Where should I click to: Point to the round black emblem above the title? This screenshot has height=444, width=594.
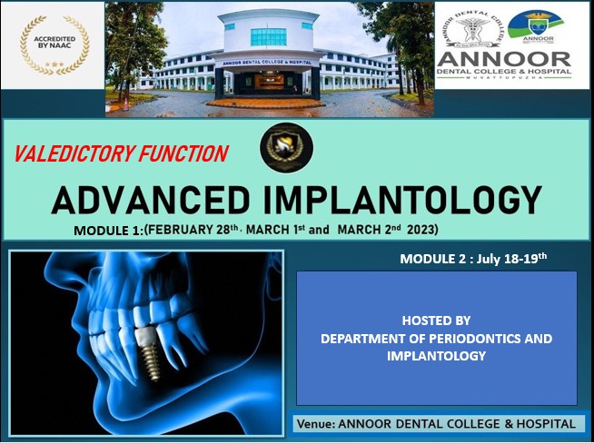coord(286,147)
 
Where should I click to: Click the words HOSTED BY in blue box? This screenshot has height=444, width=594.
coord(436,321)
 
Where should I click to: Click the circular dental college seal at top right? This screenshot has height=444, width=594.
coord(470,28)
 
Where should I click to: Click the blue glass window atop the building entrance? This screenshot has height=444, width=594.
coord(267,36)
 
